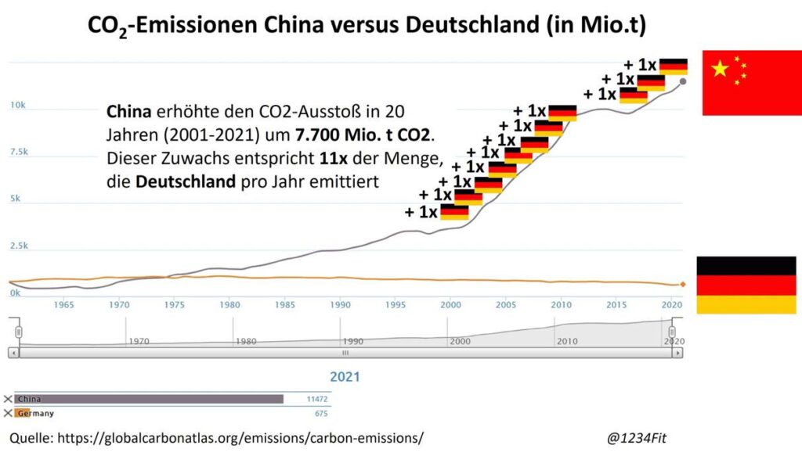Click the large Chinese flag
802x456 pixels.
(x=751, y=82)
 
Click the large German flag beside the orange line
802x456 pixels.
(x=746, y=285)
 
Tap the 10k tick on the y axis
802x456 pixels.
(x=17, y=105)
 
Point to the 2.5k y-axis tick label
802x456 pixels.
(x=17, y=246)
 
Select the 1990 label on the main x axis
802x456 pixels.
(x=339, y=304)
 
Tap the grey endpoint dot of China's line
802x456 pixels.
(x=683, y=81)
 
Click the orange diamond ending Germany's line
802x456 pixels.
(x=683, y=284)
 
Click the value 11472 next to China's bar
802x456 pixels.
(x=316, y=399)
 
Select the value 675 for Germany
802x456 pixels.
(x=320, y=413)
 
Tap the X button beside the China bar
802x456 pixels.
(x=8, y=399)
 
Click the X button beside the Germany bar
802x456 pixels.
(x=8, y=413)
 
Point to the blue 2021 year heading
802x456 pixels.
(x=345, y=377)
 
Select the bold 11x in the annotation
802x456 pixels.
(x=333, y=159)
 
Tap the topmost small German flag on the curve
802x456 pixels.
(x=673, y=66)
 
